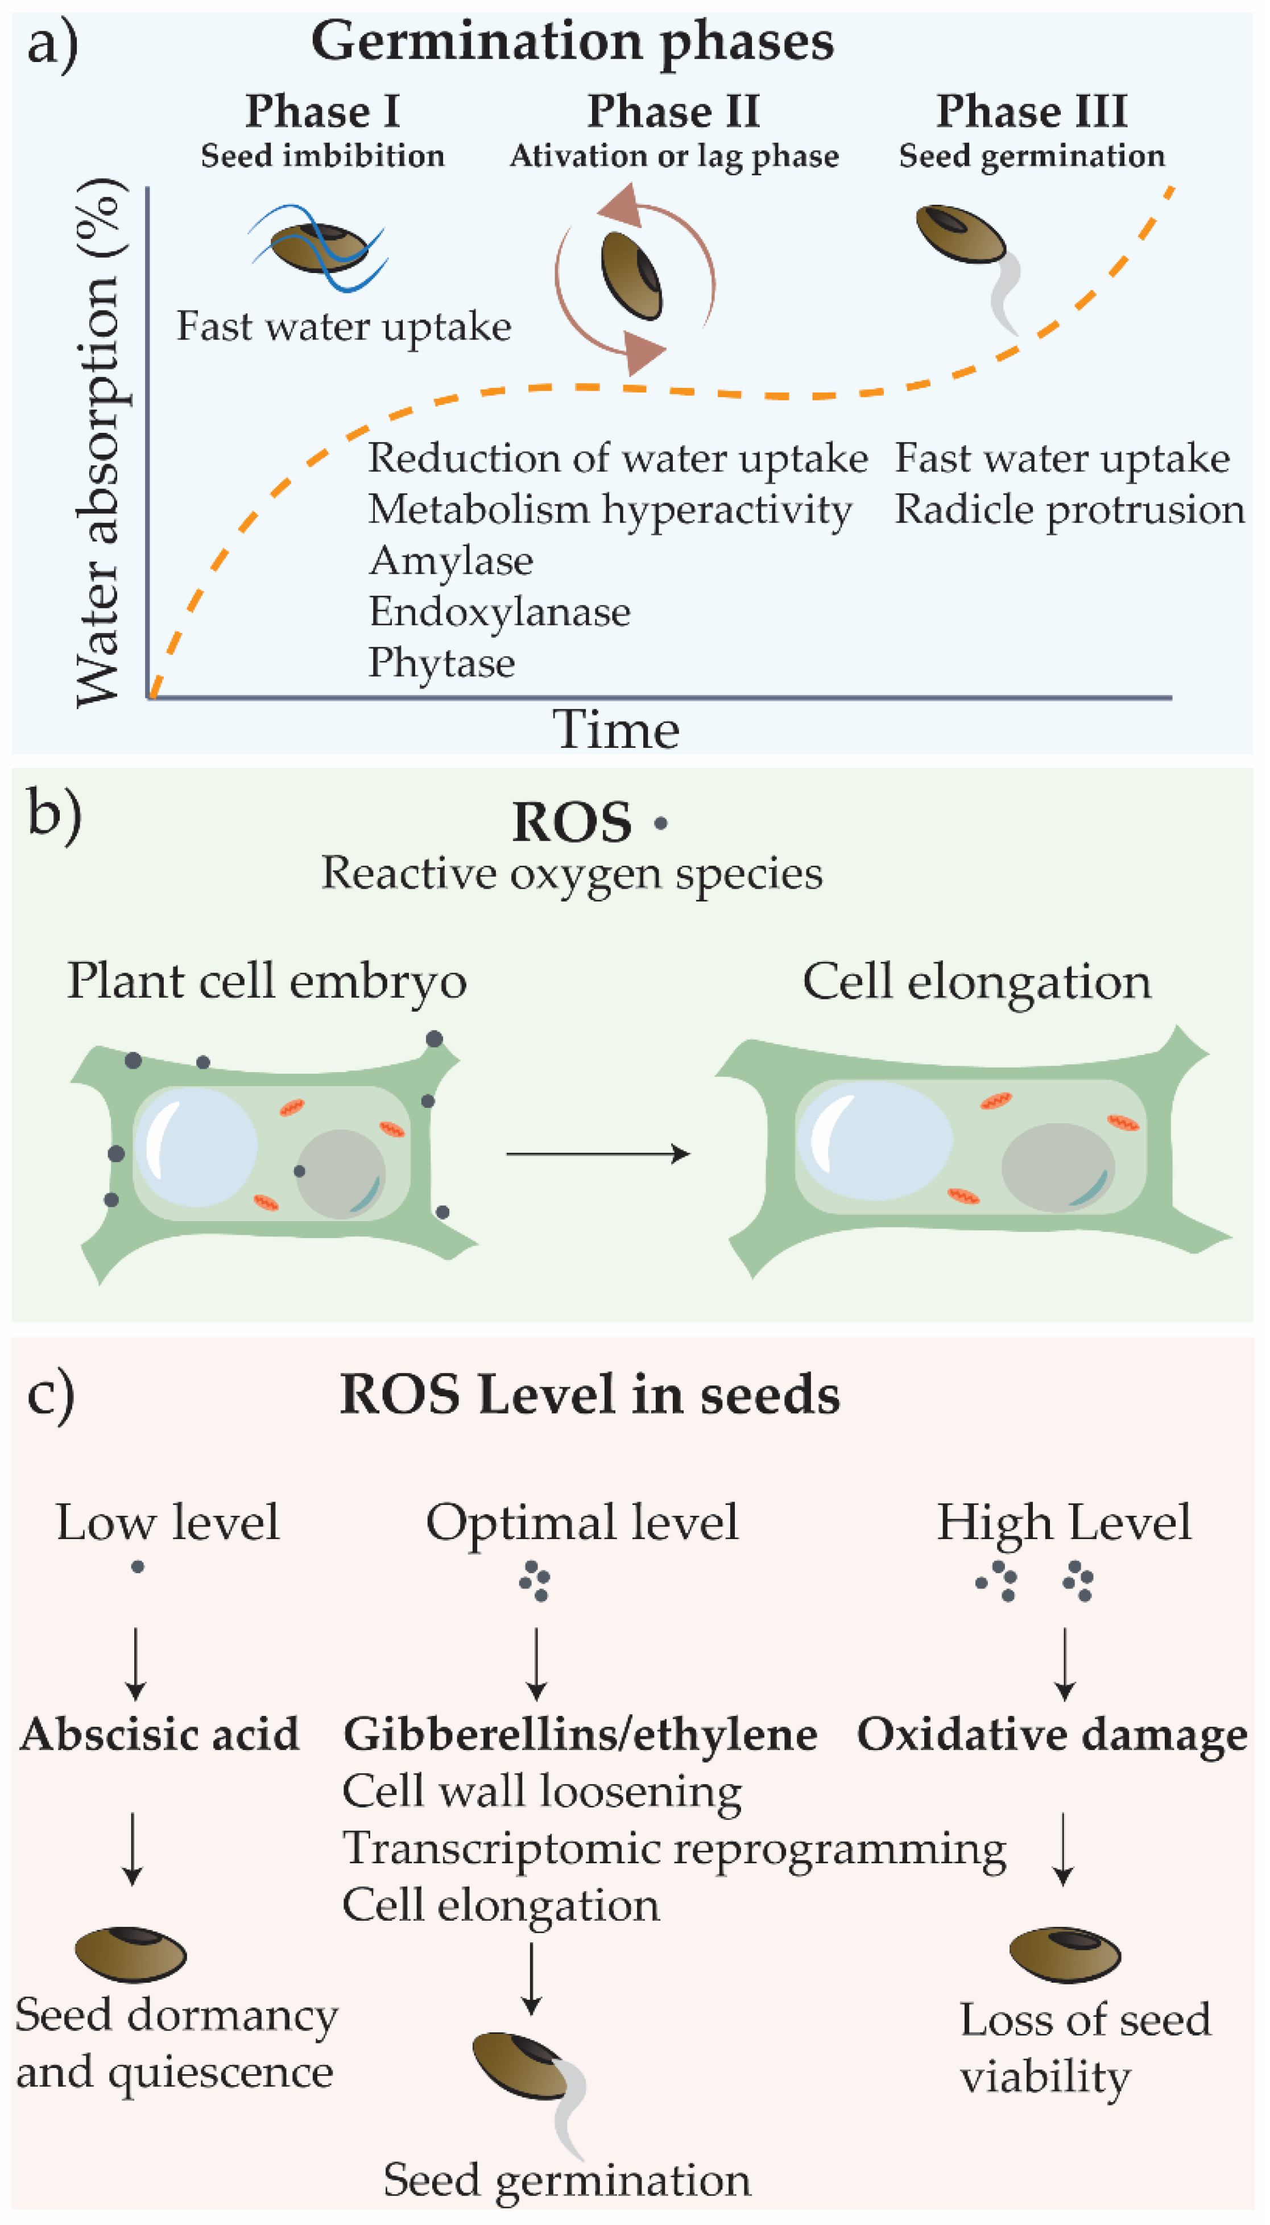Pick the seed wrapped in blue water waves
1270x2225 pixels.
tap(318, 248)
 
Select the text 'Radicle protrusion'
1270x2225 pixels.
tap(1069, 510)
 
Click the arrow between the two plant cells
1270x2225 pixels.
tap(598, 1154)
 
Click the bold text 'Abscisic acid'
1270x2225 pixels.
tap(160, 1733)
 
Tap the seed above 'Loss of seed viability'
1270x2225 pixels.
tap(1064, 1953)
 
